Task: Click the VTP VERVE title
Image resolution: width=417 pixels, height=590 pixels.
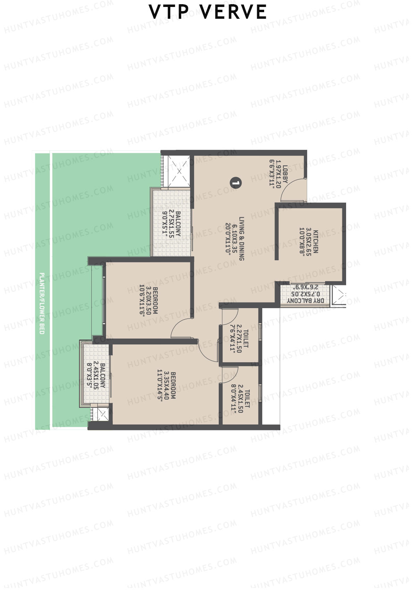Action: tap(208, 12)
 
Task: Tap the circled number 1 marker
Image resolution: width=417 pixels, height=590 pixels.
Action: tap(236, 183)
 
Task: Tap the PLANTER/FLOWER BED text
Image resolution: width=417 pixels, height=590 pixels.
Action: tap(42, 303)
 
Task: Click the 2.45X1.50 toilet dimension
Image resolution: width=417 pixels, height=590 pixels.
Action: tap(240, 401)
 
